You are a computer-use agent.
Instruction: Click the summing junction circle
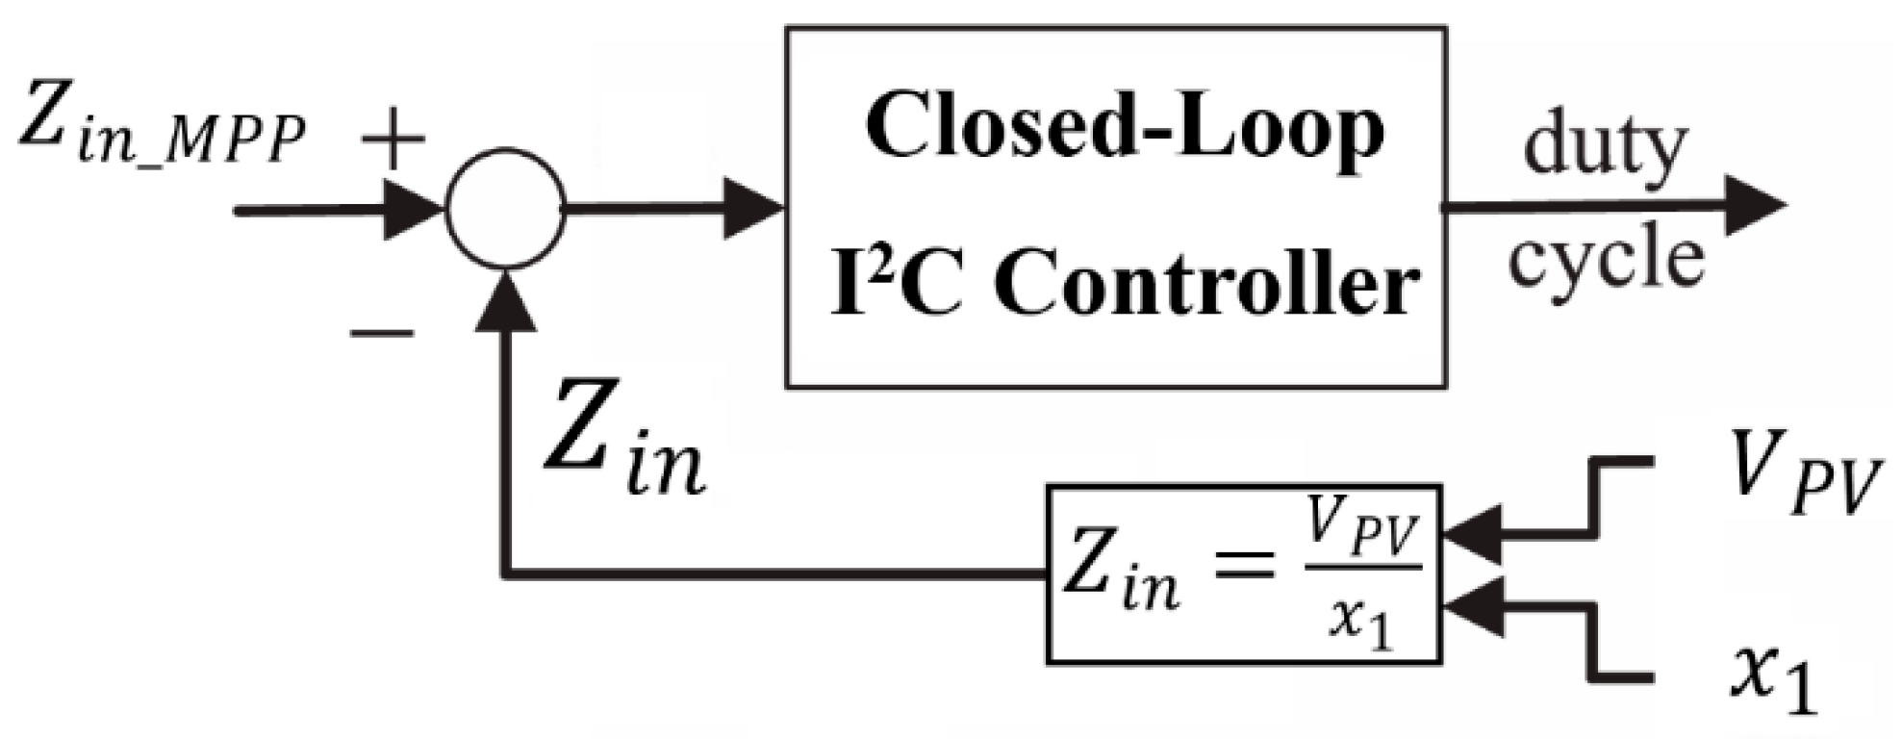pyautogui.click(x=505, y=209)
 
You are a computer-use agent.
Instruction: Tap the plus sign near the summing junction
pyautogui.click(x=393, y=138)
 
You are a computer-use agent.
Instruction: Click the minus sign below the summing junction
pyautogui.click(x=382, y=333)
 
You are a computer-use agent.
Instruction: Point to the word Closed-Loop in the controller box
pyautogui.click(x=1124, y=130)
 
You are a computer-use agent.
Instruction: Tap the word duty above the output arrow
pyautogui.click(x=1605, y=147)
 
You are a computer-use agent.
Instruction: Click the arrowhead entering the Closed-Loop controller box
pyautogui.click(x=755, y=207)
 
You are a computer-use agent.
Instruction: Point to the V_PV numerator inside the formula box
pyautogui.click(x=1360, y=530)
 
